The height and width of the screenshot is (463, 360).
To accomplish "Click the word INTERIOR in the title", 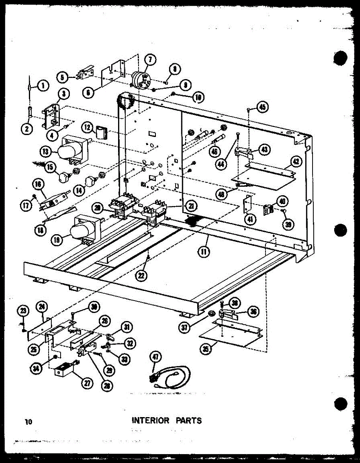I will (150, 420).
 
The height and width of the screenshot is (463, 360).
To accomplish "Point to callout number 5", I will (62, 77).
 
